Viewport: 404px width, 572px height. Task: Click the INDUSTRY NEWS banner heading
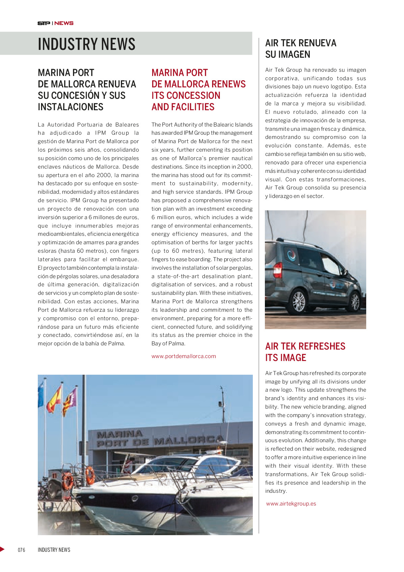(86, 44)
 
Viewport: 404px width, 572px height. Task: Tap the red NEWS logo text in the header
(64, 23)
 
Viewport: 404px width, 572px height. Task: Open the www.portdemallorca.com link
(183, 356)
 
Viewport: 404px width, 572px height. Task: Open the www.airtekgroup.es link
(291, 504)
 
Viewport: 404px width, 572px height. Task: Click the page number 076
(22, 550)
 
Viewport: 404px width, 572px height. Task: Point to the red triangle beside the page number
(2, 549)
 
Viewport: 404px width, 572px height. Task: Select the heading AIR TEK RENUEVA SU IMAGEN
(300, 49)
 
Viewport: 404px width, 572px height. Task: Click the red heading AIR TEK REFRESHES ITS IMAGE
(305, 352)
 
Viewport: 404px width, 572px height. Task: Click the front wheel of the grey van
(355, 302)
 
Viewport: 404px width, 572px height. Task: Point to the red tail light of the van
(278, 270)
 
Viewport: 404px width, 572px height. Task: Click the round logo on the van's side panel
(291, 254)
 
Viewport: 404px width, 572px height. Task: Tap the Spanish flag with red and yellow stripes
(54, 399)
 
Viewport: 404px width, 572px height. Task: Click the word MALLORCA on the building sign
(189, 441)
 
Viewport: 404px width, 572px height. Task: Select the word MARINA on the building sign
(120, 434)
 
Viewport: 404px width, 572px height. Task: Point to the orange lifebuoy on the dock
(68, 481)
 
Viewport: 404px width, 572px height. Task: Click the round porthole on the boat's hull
(135, 498)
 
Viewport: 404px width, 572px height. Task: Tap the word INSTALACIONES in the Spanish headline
(70, 107)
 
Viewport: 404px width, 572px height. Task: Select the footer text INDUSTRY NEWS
(54, 550)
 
